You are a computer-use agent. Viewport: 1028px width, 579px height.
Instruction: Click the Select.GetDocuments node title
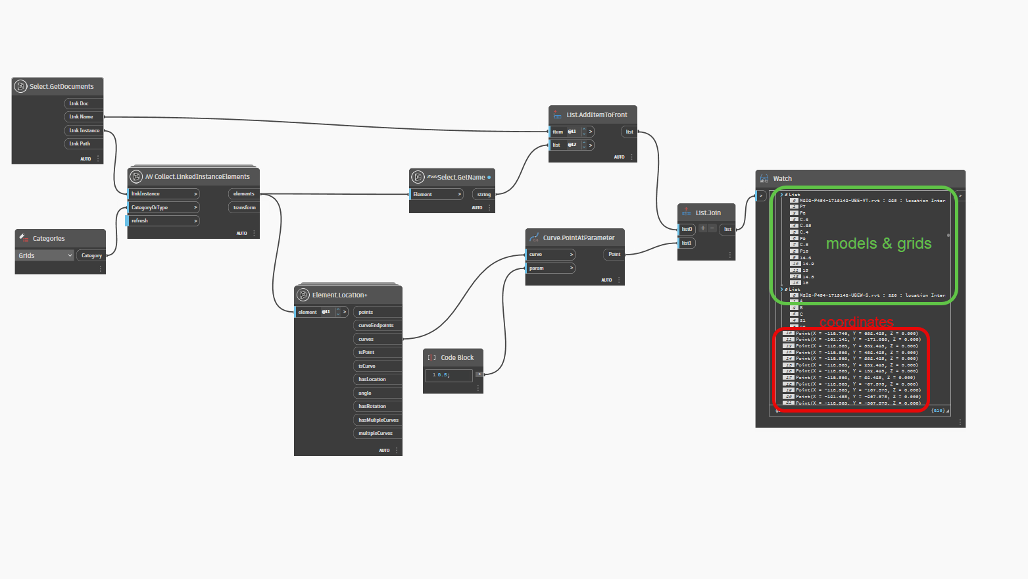pos(61,86)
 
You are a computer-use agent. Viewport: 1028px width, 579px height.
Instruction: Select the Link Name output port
pos(82,116)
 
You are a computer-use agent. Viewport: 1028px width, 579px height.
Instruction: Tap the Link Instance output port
pos(84,130)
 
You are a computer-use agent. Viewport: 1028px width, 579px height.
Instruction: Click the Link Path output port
pos(80,143)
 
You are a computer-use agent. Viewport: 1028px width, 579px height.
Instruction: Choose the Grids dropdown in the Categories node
pos(45,255)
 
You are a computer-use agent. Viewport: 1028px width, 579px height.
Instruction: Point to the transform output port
pos(244,207)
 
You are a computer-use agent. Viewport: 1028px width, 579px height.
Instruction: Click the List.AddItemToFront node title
pos(597,114)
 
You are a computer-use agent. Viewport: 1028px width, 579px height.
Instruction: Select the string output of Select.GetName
pos(483,194)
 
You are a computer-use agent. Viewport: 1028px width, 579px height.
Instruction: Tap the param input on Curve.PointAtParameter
pos(551,268)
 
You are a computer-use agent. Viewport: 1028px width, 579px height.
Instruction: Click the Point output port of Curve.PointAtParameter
pos(614,254)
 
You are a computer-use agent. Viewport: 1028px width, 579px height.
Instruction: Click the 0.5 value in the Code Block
pos(443,375)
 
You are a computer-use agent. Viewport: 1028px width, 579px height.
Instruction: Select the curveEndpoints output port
pos(376,325)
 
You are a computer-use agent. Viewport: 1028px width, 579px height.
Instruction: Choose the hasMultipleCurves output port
pos(378,420)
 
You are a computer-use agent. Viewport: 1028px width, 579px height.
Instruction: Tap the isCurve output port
pos(367,366)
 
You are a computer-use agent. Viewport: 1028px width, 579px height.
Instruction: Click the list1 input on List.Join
pos(687,243)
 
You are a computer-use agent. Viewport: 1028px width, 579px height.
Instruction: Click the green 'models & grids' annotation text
pos(879,243)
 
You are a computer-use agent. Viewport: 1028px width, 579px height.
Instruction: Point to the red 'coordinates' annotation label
pos(856,322)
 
